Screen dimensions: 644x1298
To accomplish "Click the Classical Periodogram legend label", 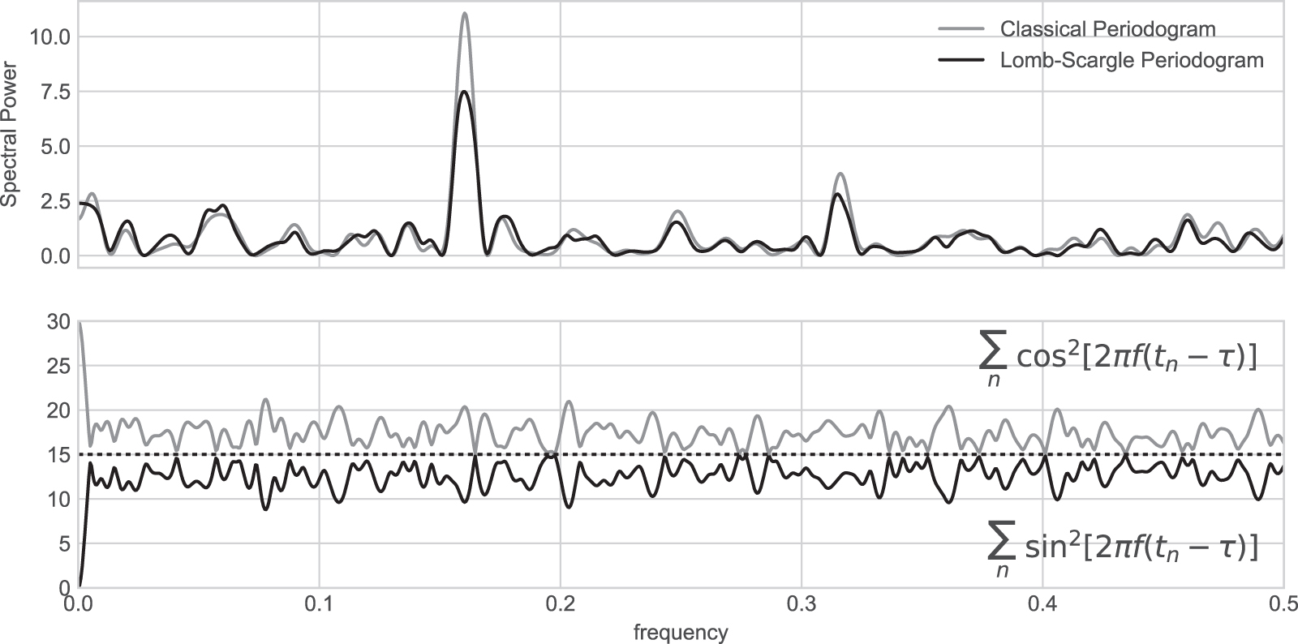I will (1107, 30).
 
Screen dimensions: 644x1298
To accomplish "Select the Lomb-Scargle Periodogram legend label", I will (1132, 61).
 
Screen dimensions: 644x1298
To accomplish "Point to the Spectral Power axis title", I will (11, 139).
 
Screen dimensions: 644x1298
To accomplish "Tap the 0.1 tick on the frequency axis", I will (320, 605).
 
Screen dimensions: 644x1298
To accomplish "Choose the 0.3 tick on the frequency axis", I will (802, 605).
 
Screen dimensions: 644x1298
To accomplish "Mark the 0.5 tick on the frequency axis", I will (1282, 605).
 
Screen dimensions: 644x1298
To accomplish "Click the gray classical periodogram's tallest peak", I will (464, 14).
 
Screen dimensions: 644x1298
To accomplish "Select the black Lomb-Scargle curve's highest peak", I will (463, 92).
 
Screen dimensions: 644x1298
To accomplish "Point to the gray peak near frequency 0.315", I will (840, 174).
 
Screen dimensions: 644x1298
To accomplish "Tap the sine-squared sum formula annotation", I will (1123, 549).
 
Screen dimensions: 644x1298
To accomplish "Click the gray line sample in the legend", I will (961, 30).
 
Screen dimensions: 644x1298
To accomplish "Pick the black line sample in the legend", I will (961, 61).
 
